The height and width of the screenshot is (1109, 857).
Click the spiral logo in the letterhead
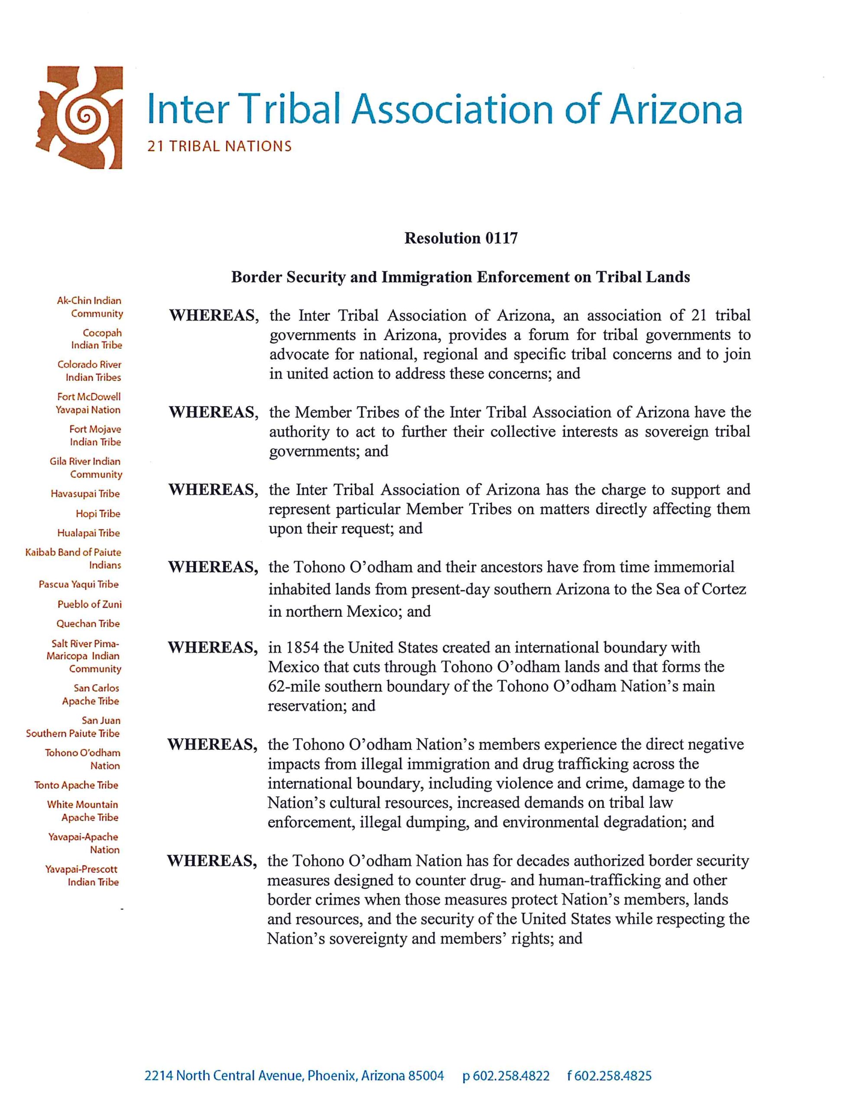point(81,118)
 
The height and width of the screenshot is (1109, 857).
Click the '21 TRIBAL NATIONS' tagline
point(219,147)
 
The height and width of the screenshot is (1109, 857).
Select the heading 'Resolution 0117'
point(461,238)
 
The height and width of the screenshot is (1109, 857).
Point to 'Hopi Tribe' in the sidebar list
point(98,514)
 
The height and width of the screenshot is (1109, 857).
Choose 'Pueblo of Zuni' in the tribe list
point(89,604)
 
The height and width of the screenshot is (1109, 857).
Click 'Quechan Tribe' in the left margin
point(88,623)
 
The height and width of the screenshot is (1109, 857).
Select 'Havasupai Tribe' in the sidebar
point(85,493)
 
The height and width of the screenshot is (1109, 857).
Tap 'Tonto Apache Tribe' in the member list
point(76,785)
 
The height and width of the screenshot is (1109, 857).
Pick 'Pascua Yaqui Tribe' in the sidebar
point(79,584)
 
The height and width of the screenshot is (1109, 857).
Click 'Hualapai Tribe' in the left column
point(88,533)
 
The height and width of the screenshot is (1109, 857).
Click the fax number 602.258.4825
point(614,1076)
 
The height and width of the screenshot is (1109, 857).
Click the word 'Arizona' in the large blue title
point(675,109)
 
